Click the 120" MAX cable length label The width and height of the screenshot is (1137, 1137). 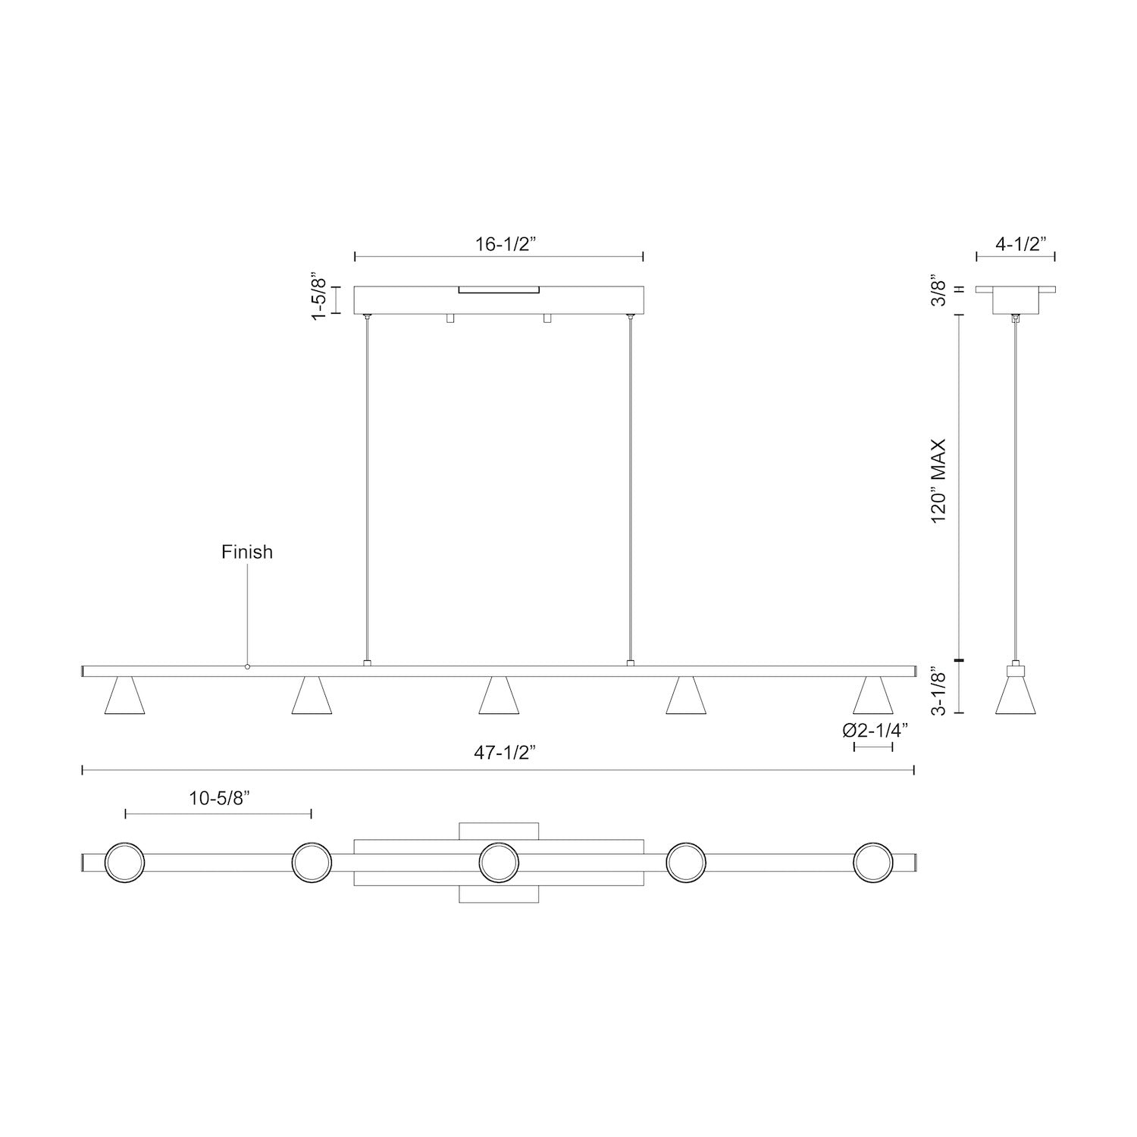coord(940,481)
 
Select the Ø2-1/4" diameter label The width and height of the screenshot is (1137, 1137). coord(875,731)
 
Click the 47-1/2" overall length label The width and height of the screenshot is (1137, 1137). coord(505,753)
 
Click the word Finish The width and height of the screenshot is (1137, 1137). coord(247,552)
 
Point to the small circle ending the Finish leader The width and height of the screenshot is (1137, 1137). coord(247,667)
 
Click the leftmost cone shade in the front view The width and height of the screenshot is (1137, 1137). coord(124,696)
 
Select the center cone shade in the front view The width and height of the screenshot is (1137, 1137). coord(499,696)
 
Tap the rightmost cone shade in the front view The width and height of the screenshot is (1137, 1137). coord(873,696)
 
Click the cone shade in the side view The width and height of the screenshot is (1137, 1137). coord(1015,696)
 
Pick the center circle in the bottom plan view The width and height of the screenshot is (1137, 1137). coord(499,863)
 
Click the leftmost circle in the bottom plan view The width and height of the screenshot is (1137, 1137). coord(124,863)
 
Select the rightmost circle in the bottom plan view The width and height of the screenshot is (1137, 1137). coord(873,863)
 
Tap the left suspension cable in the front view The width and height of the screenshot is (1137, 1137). coord(368,485)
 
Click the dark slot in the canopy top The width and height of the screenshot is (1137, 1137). coord(499,290)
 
